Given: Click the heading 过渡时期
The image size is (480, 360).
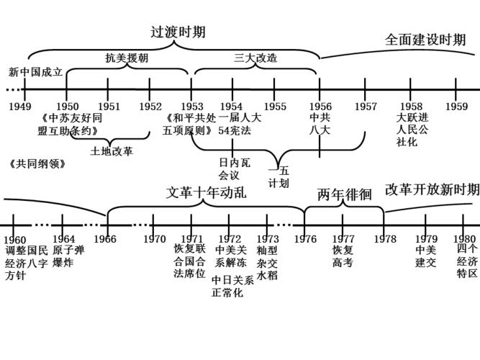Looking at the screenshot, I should pos(178,32).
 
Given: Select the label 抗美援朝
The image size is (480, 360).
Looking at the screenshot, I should pos(127,58).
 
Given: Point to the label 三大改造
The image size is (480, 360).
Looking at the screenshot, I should pos(255,58).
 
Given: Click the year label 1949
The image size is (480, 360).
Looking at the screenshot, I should pos(20,106).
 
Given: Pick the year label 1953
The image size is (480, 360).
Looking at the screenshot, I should pos(191,106).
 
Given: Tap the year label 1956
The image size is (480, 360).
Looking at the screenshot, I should pos(320,106).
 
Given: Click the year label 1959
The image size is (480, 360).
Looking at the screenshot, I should pos(456,106).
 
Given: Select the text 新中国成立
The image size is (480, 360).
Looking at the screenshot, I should pos(36,72).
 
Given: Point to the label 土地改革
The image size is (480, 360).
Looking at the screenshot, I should pos(112,151).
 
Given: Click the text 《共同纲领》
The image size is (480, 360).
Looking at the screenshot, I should pos(37,163).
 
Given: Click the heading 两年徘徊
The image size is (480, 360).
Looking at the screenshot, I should pos(344,194).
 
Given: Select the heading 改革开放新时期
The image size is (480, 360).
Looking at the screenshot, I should pos(432,189).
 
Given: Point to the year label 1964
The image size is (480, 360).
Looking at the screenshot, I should pos(63,239).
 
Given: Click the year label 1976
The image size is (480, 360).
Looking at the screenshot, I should pos(304,239).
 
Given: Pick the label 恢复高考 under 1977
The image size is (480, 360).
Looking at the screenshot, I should pos(343,256).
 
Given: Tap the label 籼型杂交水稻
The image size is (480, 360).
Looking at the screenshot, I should pos(267,262).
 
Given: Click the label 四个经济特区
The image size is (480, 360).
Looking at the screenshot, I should pos(467,261).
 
